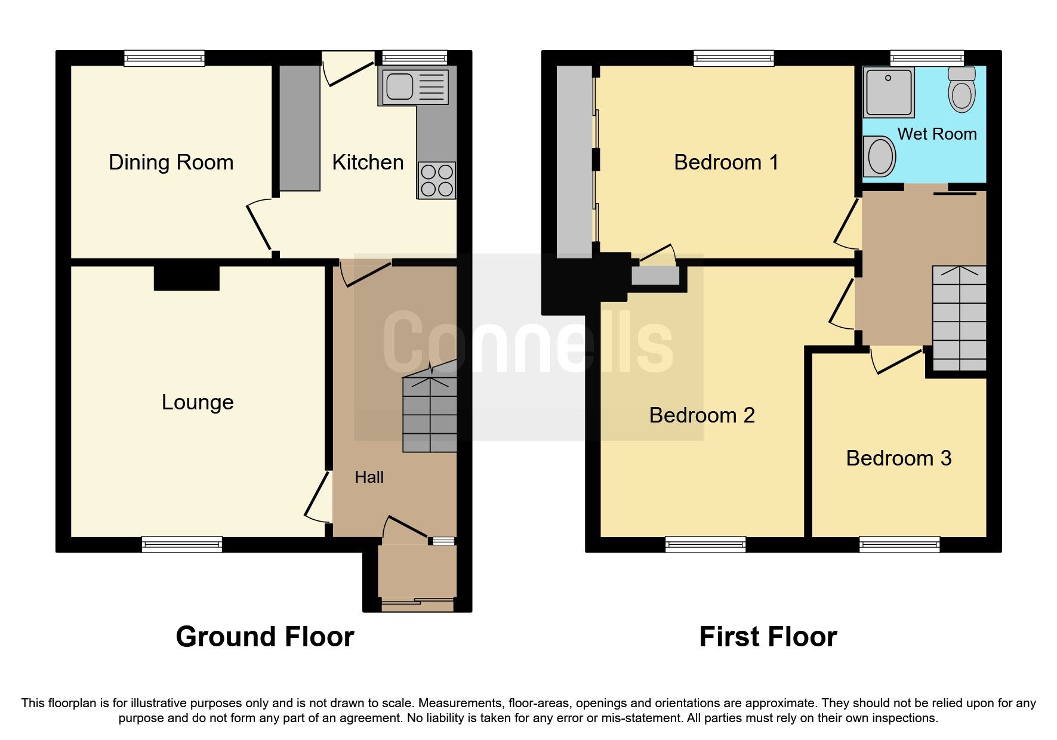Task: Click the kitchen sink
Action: pos(413,87)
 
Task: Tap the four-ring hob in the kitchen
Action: pos(437,180)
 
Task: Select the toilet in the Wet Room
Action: pos(962,89)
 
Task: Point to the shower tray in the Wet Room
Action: pos(889,92)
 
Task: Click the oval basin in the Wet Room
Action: pos(880,156)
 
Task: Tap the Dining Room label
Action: pos(171,162)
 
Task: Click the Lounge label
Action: pos(198,402)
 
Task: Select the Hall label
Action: pos(369,477)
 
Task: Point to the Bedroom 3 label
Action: pos(899,458)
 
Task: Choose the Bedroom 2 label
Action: pos(702,415)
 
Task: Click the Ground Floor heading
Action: pos(265,637)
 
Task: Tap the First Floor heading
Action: pos(768,637)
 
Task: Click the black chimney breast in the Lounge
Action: pos(187,278)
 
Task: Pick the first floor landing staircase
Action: pos(959,319)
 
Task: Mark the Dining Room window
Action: pos(165,58)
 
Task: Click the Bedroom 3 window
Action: pos(899,544)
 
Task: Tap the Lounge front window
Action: pos(182,544)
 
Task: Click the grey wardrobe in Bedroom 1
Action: pos(575,162)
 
